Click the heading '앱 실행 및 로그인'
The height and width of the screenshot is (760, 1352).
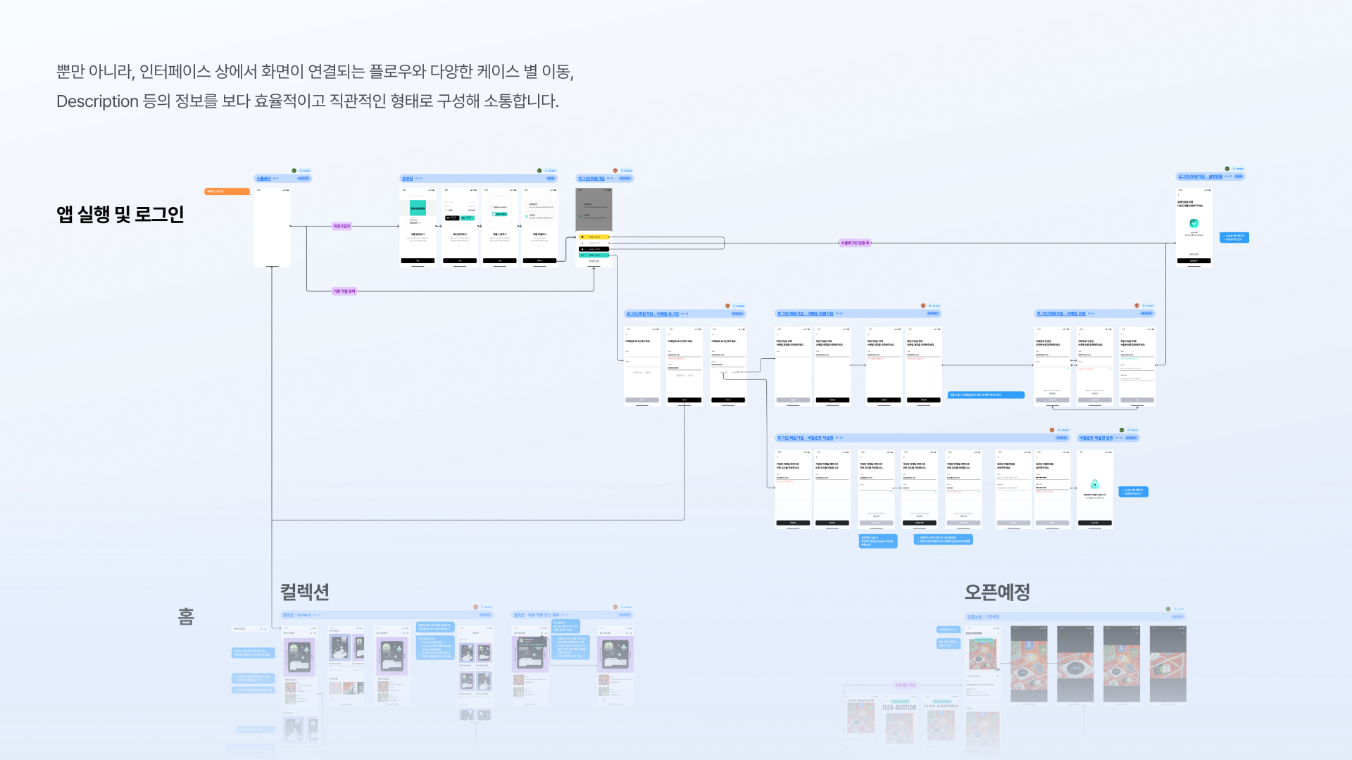(x=120, y=215)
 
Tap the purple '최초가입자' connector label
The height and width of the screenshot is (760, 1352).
(x=342, y=227)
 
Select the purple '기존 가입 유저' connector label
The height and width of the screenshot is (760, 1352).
(x=344, y=291)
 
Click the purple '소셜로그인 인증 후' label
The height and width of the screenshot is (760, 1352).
(x=855, y=243)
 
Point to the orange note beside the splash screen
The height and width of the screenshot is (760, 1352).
(x=226, y=191)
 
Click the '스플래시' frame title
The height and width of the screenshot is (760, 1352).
(x=263, y=179)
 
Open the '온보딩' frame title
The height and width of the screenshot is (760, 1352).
(x=407, y=179)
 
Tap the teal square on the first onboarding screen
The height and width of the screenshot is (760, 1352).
(x=418, y=208)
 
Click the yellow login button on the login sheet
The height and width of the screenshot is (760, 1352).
(x=594, y=237)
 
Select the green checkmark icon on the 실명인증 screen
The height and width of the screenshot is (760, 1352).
(x=1194, y=223)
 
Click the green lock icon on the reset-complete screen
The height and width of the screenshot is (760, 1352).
(x=1094, y=484)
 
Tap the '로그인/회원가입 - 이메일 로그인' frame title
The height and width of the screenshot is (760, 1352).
(x=653, y=314)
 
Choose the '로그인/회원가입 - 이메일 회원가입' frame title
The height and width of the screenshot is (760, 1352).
(x=805, y=314)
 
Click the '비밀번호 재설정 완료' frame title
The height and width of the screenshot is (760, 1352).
(x=1096, y=438)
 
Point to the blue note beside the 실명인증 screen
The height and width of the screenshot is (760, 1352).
(x=1234, y=238)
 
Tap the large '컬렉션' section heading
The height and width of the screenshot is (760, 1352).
(x=305, y=593)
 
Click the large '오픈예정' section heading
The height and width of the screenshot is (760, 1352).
(x=996, y=593)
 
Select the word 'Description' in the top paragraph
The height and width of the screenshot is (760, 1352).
(x=97, y=102)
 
